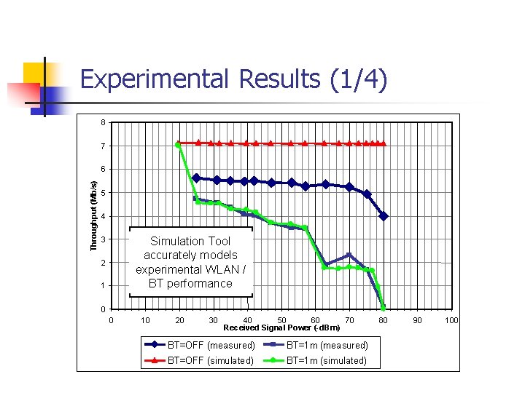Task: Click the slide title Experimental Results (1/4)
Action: [233, 79]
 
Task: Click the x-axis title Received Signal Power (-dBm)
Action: [281, 327]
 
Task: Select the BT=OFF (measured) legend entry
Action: [200, 345]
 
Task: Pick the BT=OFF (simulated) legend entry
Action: [200, 360]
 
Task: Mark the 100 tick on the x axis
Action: [451, 320]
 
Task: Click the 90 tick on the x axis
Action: [417, 320]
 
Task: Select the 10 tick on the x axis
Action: [145, 320]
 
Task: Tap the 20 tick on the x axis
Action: [179, 320]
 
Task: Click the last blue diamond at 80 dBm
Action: [384, 216]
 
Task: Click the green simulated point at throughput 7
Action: [178, 145]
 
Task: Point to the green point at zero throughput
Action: [384, 308]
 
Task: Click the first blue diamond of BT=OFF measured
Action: [196, 178]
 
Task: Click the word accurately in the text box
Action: [190, 255]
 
